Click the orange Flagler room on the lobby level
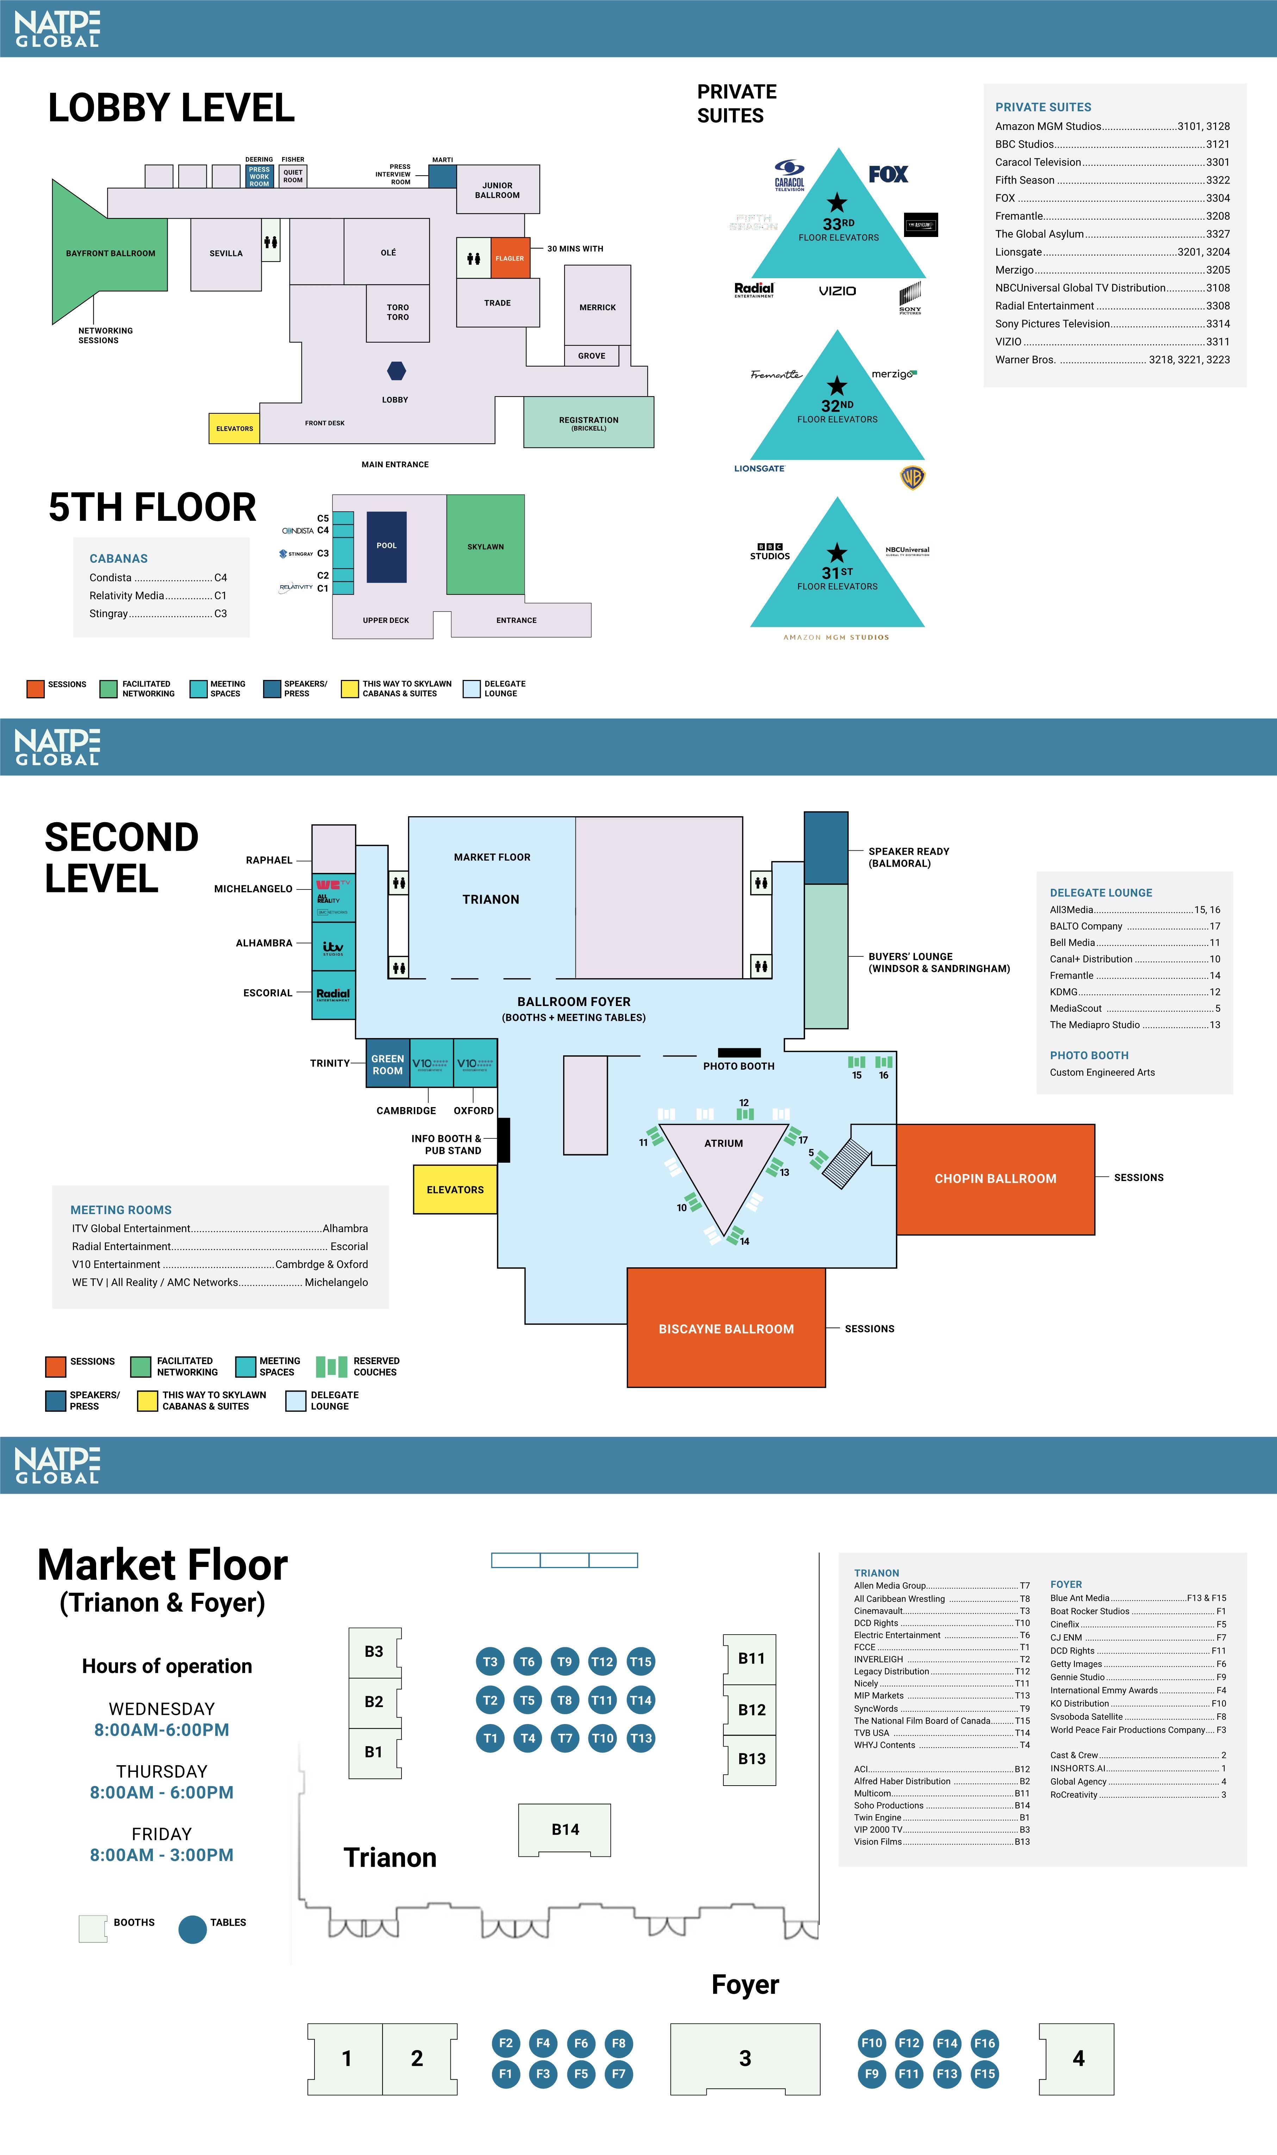(x=509, y=258)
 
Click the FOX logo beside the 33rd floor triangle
(x=888, y=175)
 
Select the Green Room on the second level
(x=387, y=1064)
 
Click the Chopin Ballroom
(x=996, y=1179)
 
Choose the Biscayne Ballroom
(x=726, y=1328)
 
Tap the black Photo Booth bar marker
(x=739, y=1052)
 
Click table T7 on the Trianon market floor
(x=565, y=1738)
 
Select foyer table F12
(x=909, y=2042)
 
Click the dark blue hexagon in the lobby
(x=396, y=371)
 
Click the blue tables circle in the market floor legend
(x=193, y=1929)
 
